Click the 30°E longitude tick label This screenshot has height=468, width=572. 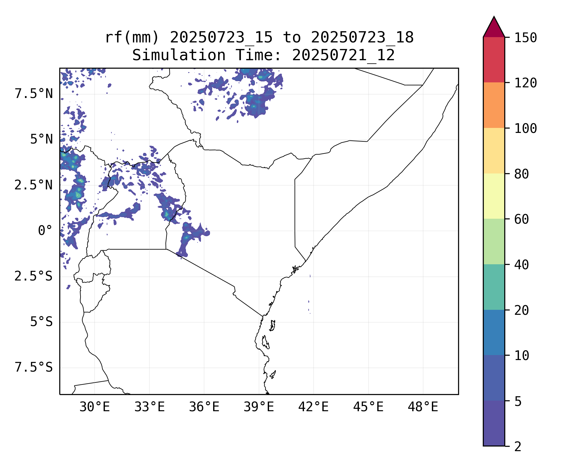pyautogui.click(x=95, y=407)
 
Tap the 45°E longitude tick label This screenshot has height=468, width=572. pyautogui.click(x=368, y=407)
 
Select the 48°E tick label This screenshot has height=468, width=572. pyautogui.click(x=423, y=407)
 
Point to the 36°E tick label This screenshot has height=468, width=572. pyautogui.click(x=204, y=407)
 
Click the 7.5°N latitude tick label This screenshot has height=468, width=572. pyautogui.click(x=34, y=94)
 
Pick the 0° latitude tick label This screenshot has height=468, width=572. pyautogui.click(x=45, y=231)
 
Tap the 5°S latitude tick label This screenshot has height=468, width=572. pyautogui.click(x=41, y=322)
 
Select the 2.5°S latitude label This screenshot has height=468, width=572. pyautogui.click(x=34, y=276)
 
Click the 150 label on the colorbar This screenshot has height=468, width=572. pyautogui.click(x=526, y=38)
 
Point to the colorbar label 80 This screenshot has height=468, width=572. pyautogui.click(x=521, y=174)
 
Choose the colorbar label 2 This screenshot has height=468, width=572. pyautogui.click(x=518, y=447)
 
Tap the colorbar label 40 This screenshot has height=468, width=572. pyautogui.click(x=521, y=265)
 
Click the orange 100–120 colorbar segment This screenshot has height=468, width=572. pyautogui.click(x=494, y=105)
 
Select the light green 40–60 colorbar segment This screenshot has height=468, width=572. pyautogui.click(x=494, y=241)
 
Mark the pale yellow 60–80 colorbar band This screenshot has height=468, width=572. pyautogui.click(x=494, y=196)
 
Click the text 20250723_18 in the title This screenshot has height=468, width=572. pyautogui.click(x=362, y=38)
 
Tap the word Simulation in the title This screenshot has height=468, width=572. pyautogui.click(x=179, y=56)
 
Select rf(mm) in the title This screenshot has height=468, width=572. pyautogui.click(x=132, y=38)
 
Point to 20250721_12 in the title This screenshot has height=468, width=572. pyautogui.click(x=343, y=56)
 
